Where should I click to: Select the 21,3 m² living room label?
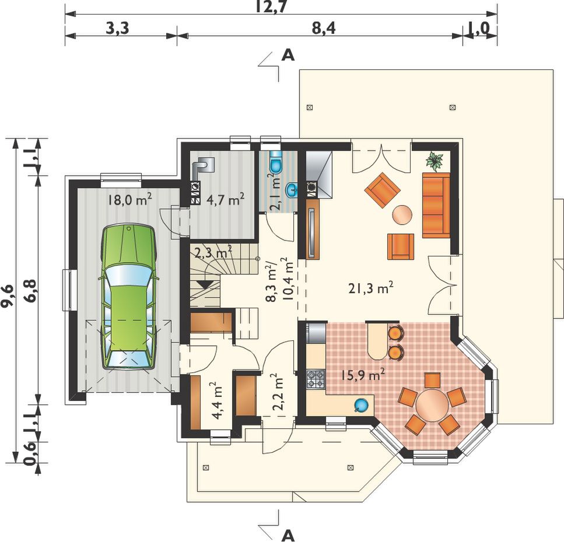click(371, 288)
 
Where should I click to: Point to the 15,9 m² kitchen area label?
click(363, 375)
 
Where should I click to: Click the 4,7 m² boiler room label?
click(226, 199)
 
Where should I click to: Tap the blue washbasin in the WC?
click(292, 190)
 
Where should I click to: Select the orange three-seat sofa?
click(436, 205)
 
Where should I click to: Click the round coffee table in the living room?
click(402, 215)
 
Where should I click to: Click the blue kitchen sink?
click(361, 404)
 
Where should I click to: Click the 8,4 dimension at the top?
click(324, 29)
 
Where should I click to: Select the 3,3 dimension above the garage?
click(117, 29)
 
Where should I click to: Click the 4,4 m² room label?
click(217, 401)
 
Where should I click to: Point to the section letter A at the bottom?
click(288, 536)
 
